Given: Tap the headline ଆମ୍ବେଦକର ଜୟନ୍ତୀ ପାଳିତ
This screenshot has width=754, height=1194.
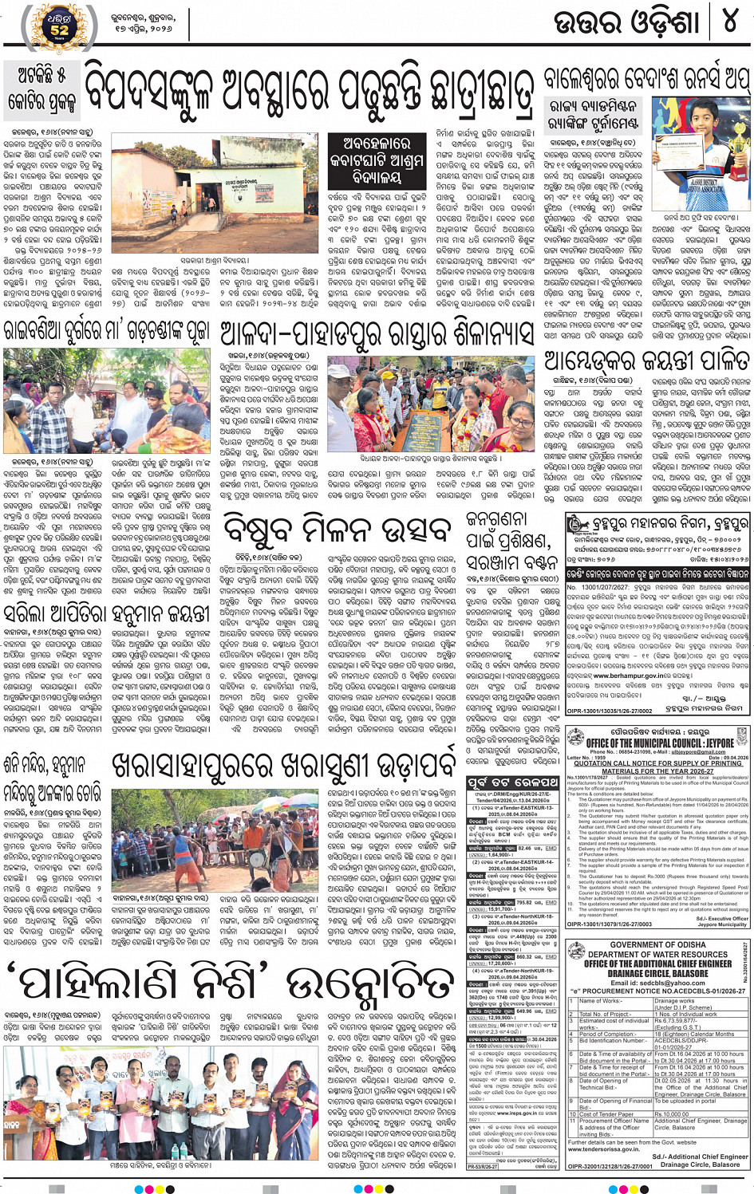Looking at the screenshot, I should point(646,360).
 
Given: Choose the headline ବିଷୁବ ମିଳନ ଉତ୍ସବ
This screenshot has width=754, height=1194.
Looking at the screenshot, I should point(338,530).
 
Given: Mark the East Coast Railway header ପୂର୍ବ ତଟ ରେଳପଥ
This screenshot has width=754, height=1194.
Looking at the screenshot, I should point(512,782).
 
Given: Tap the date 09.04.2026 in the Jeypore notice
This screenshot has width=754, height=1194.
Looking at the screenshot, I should point(736,758).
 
